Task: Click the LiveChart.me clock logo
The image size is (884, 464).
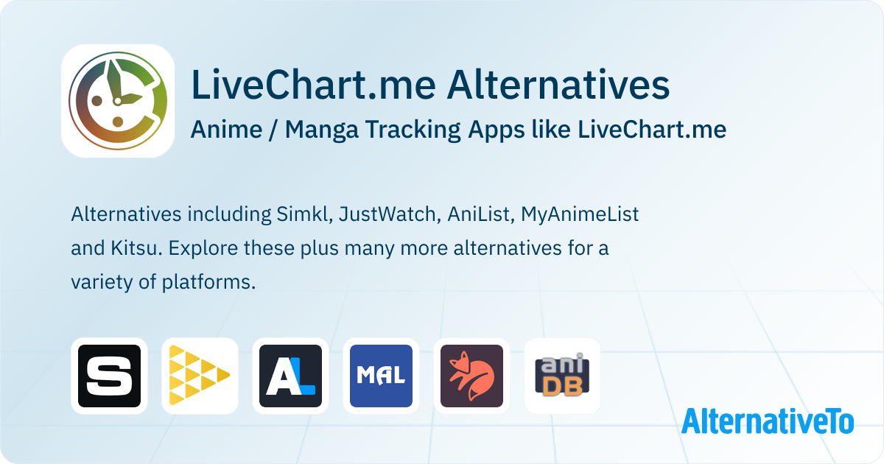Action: pos(118,101)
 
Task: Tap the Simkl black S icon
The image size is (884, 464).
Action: pos(109,376)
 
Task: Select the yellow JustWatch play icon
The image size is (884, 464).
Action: pos(200,376)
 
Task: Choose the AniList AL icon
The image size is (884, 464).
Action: pos(290,376)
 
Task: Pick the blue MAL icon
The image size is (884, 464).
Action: pos(382,376)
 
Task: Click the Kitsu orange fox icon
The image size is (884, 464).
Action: pos(471,376)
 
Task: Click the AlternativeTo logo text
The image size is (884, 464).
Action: pos(768,421)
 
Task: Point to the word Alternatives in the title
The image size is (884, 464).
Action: pos(558,85)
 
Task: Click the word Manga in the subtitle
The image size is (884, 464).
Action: pos(322,130)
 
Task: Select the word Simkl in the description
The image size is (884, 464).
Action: pos(304,214)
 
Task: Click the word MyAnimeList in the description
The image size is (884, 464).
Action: pos(580,214)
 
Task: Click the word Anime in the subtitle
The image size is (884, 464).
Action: pos(227,129)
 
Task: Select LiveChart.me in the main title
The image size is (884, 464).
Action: pos(313,85)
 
